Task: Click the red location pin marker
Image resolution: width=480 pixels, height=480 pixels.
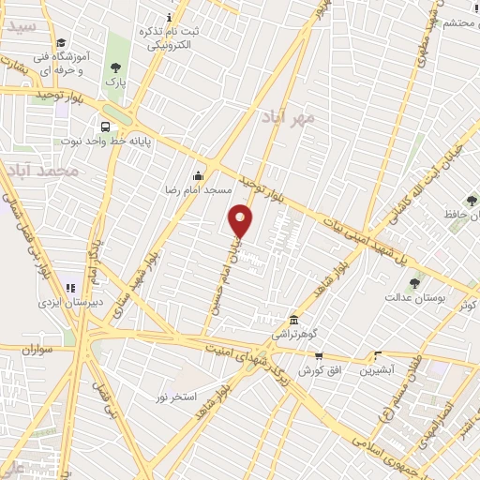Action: pos(241,220)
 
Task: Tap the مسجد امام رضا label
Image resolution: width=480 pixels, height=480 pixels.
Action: pos(200,189)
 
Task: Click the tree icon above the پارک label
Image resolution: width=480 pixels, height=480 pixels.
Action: pos(115,67)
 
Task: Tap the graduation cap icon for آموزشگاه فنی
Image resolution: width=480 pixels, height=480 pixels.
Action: pos(61,42)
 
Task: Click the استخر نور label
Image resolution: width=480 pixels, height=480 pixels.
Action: pos(176,397)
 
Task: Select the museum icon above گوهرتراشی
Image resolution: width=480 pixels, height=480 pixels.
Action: pos(294,320)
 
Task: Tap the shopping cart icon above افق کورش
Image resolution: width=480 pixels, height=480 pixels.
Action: pos(319,355)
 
